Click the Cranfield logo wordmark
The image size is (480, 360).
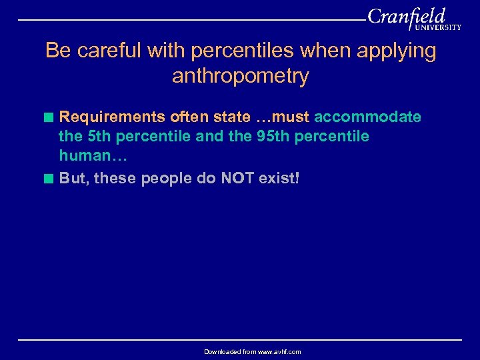tap(406, 16)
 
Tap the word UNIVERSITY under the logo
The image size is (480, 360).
tap(437, 28)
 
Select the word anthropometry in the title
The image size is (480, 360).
tap(240, 76)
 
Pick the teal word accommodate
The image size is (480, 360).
tap(367, 117)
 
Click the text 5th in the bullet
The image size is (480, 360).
tap(99, 137)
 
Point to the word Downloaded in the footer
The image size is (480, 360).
tap(223, 351)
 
